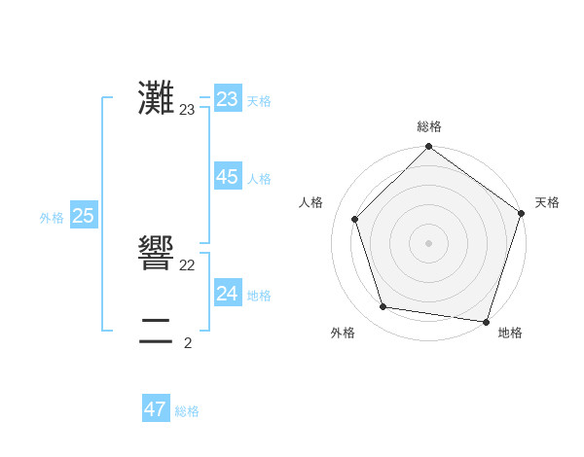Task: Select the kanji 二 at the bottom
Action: pos(156,331)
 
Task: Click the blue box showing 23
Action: pos(228,99)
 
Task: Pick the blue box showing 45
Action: pos(228,177)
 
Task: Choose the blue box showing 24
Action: pos(228,294)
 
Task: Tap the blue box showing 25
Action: pos(83,216)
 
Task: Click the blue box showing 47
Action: pos(156,409)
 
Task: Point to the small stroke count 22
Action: pos(188,265)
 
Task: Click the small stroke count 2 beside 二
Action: pos(188,342)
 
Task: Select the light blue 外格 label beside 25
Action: pos(52,218)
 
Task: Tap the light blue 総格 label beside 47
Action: pos(187,411)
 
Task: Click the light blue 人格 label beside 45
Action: pos(259,179)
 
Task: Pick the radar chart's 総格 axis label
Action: pos(428,126)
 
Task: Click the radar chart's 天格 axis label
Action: pos(547,202)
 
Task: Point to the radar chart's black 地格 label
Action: pos(510,333)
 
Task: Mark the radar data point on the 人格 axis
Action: pos(355,219)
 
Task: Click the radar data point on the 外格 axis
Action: pos(383,307)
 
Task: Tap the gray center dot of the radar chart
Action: pos(428,242)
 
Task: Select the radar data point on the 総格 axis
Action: pos(428,148)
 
